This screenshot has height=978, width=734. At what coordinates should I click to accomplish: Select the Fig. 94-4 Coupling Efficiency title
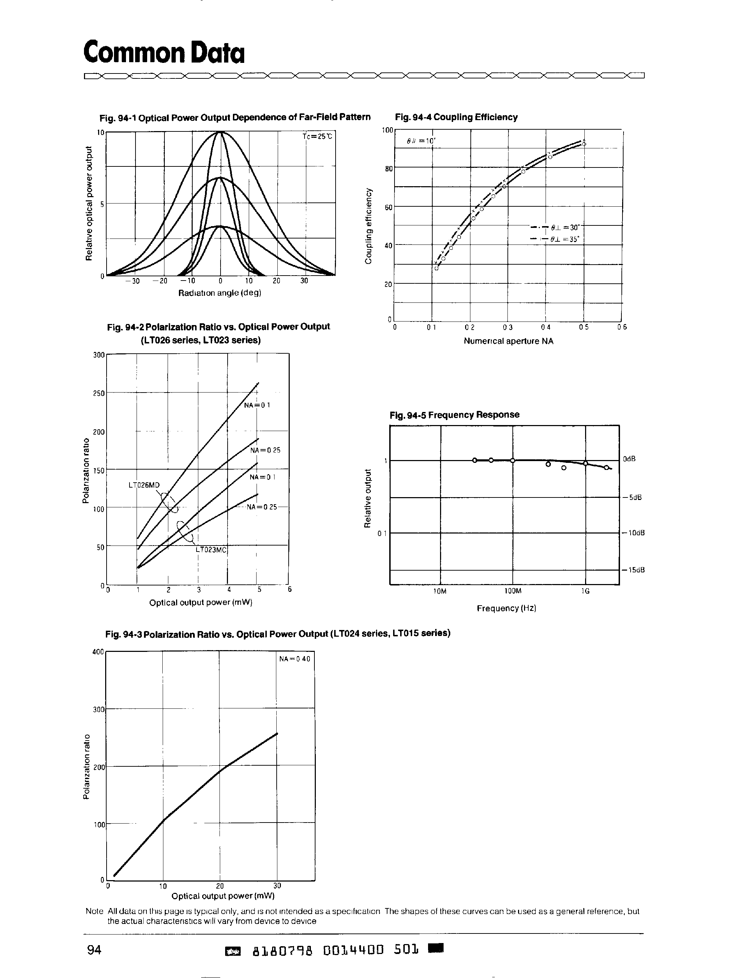point(456,117)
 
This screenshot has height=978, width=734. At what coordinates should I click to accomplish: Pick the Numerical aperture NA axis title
point(508,341)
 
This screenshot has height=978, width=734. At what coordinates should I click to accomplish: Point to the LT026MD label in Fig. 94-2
point(144,485)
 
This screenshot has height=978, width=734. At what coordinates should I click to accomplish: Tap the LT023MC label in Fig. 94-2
point(211,549)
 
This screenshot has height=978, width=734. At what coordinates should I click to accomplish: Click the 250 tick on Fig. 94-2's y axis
point(99,393)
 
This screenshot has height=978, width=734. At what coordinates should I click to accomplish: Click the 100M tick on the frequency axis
point(513,591)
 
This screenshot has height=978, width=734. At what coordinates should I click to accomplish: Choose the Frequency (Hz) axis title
point(506,608)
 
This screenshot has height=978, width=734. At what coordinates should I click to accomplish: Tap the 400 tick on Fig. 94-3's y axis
point(98,652)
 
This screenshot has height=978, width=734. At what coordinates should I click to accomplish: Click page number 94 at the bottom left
point(94,949)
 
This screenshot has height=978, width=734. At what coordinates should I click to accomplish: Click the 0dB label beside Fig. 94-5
point(629,459)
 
